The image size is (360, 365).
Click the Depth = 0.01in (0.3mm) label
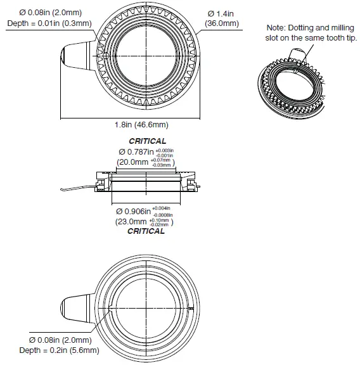click(49, 23)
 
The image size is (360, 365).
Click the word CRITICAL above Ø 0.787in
click(147, 141)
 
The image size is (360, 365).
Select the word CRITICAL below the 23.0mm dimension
click(146, 231)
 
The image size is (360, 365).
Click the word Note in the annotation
click(276, 27)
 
